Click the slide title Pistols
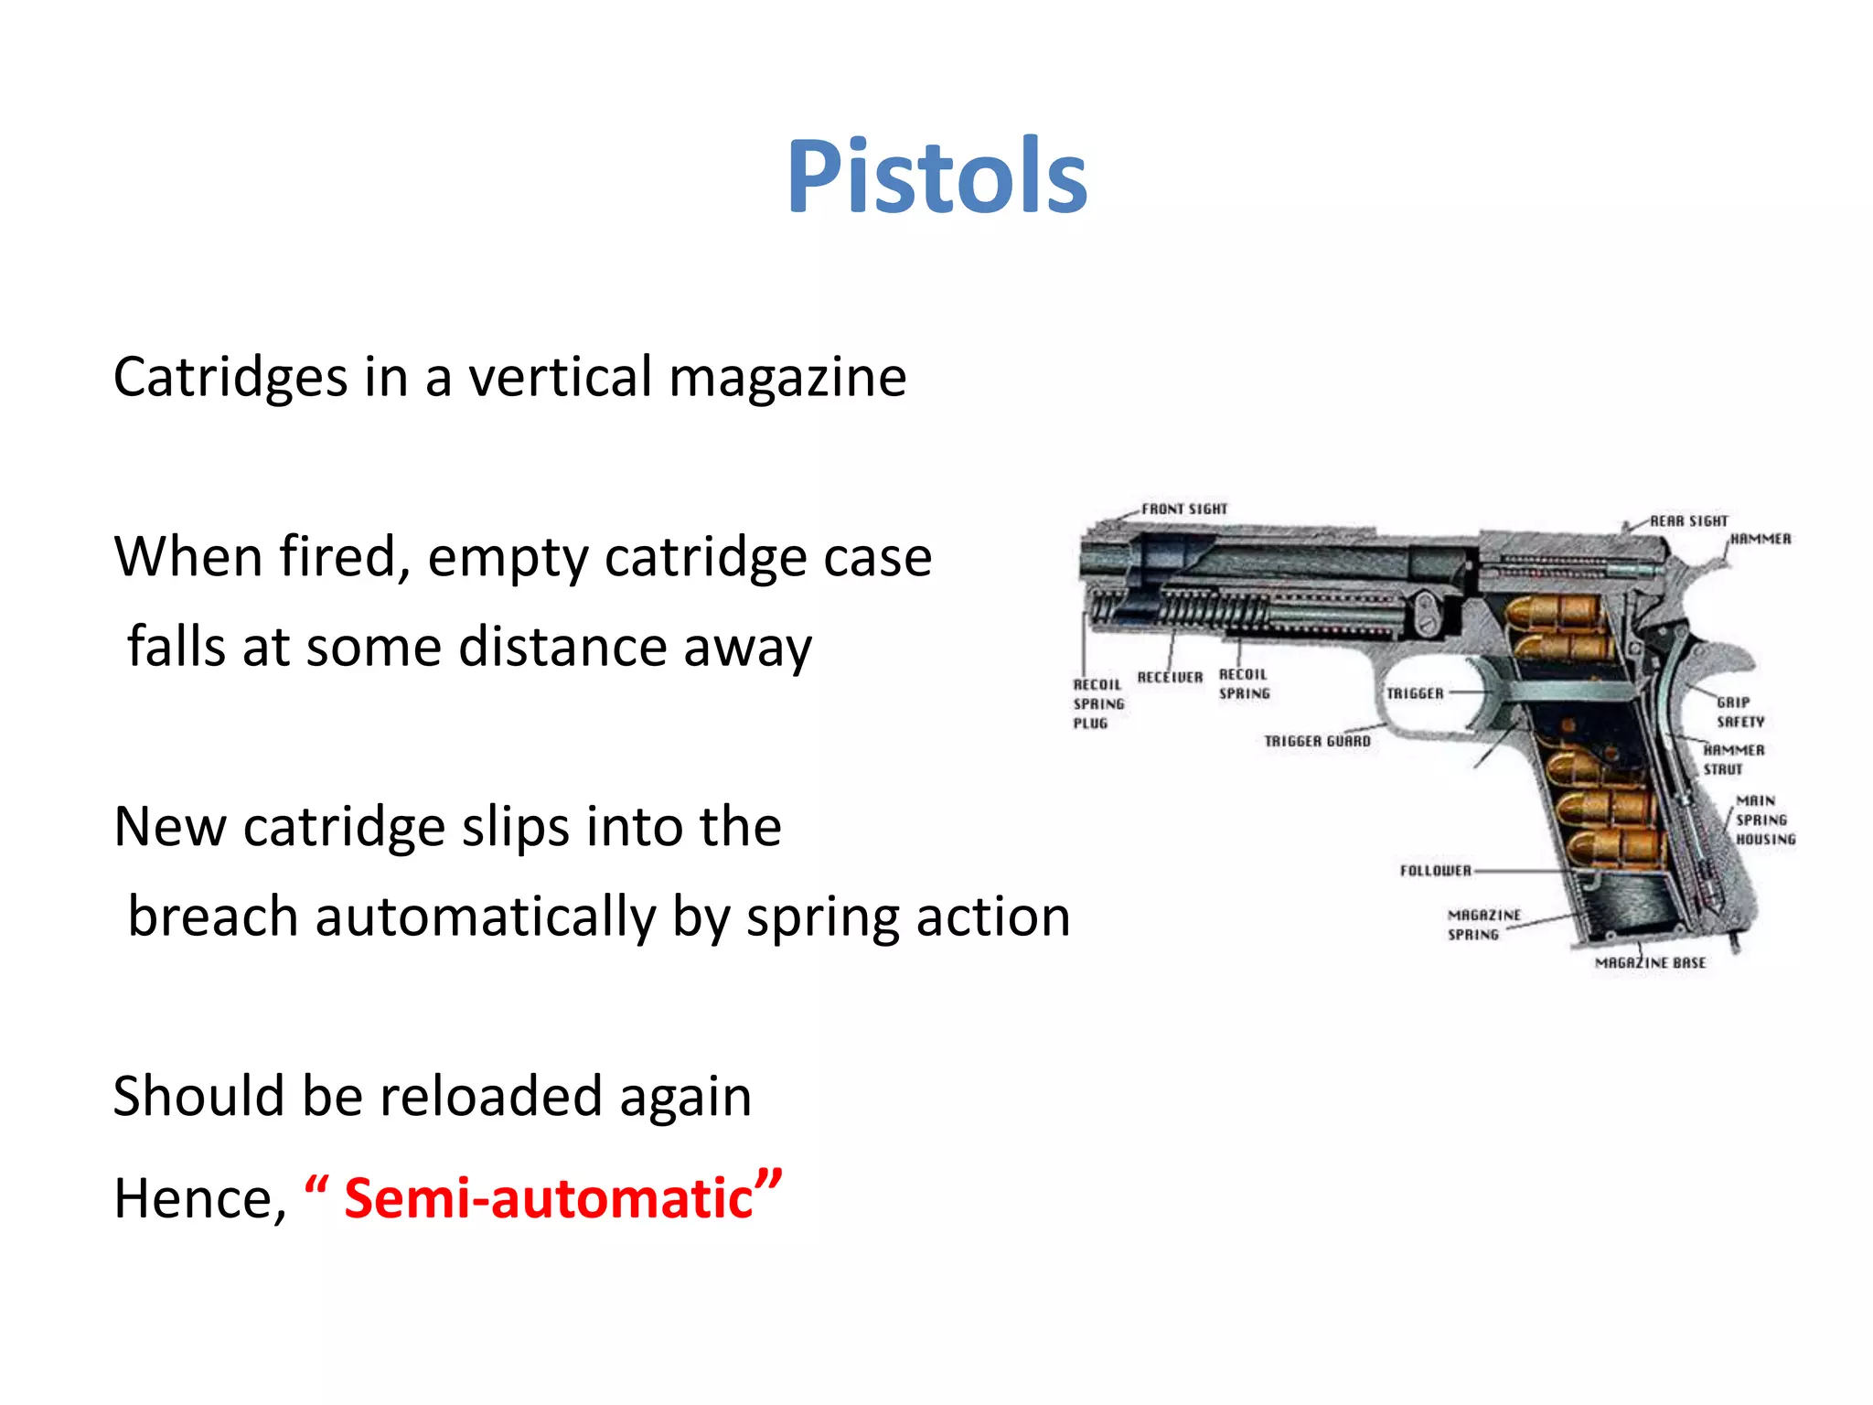click(936, 177)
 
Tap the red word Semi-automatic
click(548, 1199)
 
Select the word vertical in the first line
click(561, 376)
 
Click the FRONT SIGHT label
click(1184, 509)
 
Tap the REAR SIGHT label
click(1688, 521)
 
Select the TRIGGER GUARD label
click(1317, 742)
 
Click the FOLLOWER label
click(1435, 871)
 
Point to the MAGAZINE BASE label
click(1650, 963)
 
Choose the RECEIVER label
click(1170, 678)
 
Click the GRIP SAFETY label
click(1739, 713)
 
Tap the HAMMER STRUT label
click(1733, 760)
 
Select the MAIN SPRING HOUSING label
click(1764, 820)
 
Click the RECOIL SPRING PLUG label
click(1097, 704)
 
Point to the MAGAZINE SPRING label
click(1483, 925)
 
